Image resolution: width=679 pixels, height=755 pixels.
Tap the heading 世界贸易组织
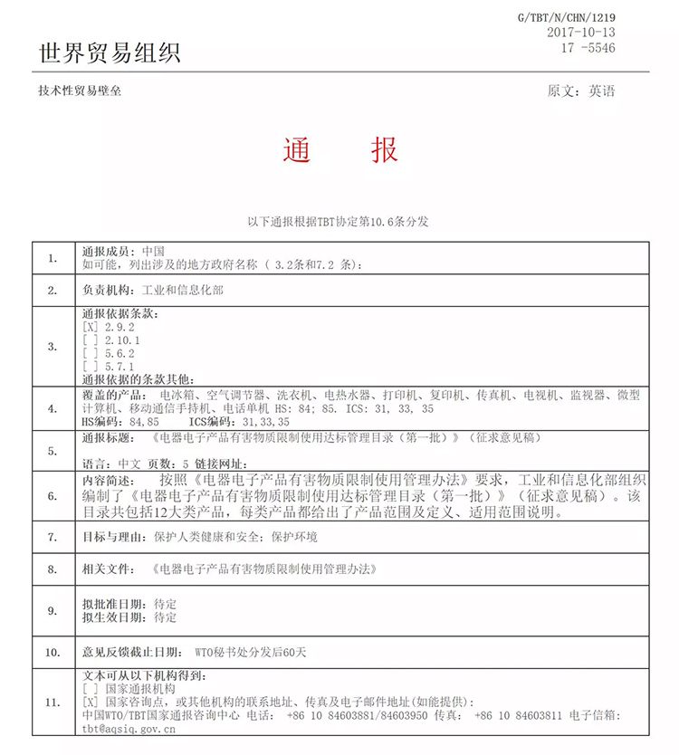tap(110, 53)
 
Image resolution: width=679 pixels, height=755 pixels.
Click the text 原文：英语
tap(581, 91)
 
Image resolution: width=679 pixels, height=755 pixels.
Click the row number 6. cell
tap(53, 496)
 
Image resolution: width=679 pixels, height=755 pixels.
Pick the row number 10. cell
tap(53, 651)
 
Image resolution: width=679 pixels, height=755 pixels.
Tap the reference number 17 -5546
tap(587, 48)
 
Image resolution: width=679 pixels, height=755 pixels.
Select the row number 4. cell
tap(53, 408)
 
